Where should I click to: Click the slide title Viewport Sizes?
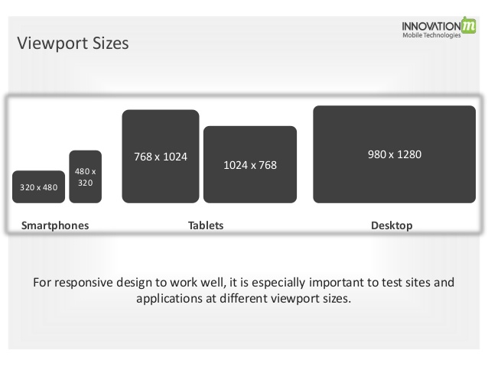click(x=73, y=44)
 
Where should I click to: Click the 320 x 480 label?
click(x=38, y=187)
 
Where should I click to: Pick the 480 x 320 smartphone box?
click(x=85, y=177)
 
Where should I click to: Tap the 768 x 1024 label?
click(x=161, y=157)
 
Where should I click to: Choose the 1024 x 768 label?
click(x=249, y=165)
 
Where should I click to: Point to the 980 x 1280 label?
click(x=394, y=154)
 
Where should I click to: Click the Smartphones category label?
click(x=55, y=225)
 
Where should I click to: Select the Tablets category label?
click(x=206, y=225)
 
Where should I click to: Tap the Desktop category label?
click(x=392, y=225)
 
